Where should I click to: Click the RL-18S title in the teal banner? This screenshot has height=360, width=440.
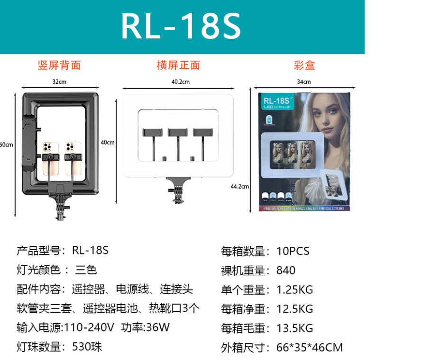tap(181, 26)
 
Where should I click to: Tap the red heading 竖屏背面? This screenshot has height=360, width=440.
tap(59, 65)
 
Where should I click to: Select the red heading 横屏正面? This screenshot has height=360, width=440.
tap(178, 65)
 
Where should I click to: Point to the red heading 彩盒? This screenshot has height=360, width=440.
tap(304, 65)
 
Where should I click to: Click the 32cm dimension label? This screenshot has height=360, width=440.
tap(59, 81)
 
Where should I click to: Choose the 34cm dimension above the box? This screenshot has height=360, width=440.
tap(304, 81)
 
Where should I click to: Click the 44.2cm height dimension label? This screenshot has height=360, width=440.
tap(240, 186)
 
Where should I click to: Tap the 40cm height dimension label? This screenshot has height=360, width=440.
tap(108, 142)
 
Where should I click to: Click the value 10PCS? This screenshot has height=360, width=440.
tap(293, 251)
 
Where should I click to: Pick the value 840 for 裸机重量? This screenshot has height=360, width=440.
tap(286, 270)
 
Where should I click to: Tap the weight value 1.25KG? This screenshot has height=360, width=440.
tap(294, 290)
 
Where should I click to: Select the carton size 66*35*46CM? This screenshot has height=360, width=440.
tap(309, 348)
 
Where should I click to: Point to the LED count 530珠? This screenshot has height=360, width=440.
tap(87, 347)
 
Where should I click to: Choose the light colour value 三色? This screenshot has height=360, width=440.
tap(85, 270)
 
